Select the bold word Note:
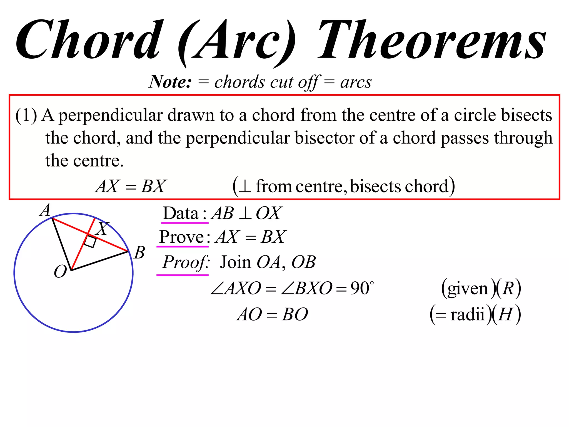click(x=170, y=82)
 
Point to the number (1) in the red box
click(x=26, y=115)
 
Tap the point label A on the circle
click(x=45, y=210)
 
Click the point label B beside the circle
click(x=139, y=253)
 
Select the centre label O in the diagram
click(x=60, y=271)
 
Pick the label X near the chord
click(x=102, y=229)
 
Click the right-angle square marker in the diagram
click(x=90, y=242)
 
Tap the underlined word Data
click(x=181, y=213)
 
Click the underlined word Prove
click(x=182, y=237)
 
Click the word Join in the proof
click(x=236, y=262)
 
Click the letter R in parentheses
click(x=508, y=288)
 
